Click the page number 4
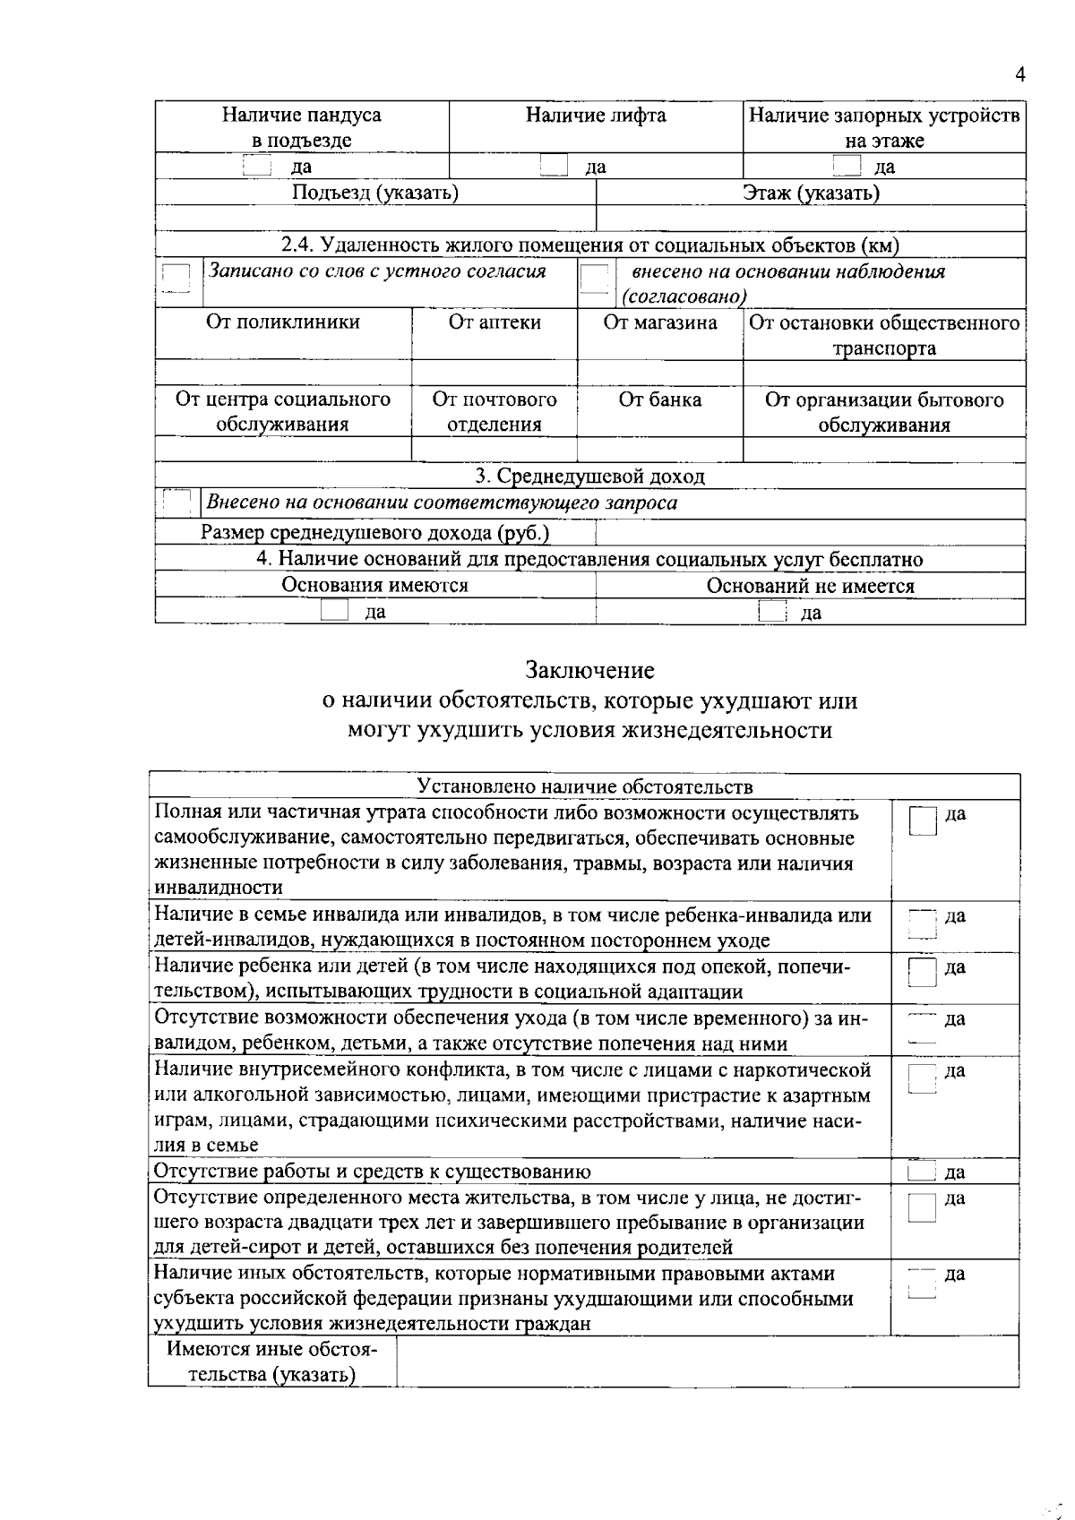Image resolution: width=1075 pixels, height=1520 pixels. (1019, 76)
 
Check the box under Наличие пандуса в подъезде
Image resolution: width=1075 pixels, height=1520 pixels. (257, 166)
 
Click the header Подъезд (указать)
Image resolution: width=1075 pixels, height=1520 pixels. (375, 193)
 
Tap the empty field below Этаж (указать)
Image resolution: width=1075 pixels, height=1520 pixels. (811, 219)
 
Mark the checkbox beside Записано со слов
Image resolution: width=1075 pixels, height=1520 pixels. (176, 279)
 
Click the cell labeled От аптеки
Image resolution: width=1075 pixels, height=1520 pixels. (494, 322)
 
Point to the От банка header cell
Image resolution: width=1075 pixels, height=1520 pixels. (660, 400)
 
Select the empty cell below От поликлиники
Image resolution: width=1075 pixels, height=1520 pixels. (283, 372)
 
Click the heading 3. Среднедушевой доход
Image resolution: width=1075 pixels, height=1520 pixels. (589, 477)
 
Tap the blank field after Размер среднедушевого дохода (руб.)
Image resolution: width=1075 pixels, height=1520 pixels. (810, 533)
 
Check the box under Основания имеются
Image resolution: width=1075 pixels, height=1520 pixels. (334, 612)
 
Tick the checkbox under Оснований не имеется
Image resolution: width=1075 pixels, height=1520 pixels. (771, 612)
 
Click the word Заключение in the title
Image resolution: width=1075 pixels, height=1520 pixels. (589, 670)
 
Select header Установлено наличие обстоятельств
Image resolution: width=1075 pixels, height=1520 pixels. (585, 786)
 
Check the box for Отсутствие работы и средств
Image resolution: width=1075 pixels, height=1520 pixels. (921, 1172)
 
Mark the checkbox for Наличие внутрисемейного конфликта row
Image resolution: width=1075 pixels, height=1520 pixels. (922, 1078)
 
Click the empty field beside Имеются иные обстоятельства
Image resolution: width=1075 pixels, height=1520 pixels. (707, 1361)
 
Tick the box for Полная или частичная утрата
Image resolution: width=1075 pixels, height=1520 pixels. (923, 820)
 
